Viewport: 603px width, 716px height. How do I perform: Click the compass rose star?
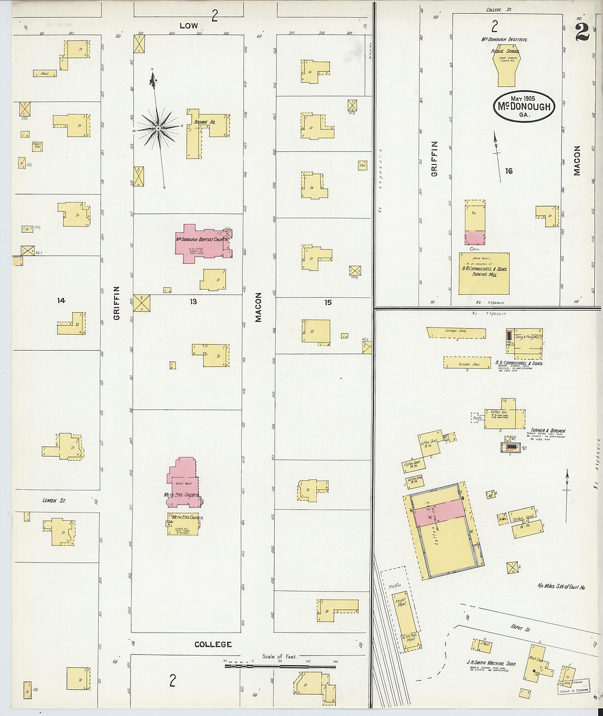point(158,128)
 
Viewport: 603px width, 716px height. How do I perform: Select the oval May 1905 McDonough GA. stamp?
point(524,106)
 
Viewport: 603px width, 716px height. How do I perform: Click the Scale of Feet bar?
point(280,666)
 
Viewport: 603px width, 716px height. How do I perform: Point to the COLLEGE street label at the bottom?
point(213,644)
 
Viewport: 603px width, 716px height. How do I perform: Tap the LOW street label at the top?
point(189,26)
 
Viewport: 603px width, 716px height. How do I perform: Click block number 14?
point(61,301)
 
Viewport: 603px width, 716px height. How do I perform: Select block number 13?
point(193,302)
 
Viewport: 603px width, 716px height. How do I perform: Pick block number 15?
point(328,302)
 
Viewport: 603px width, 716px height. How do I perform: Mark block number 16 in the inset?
point(509,171)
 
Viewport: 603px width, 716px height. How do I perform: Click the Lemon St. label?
point(54,500)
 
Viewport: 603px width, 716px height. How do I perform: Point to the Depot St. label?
point(516,628)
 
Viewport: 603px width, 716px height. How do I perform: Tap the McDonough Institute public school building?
point(505,69)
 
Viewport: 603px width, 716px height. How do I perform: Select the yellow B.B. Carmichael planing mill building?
point(484,273)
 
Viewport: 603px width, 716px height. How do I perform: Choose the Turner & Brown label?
point(547,431)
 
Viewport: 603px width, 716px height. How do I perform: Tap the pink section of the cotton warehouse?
point(439,515)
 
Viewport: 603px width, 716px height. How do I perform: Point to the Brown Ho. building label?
point(203,121)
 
